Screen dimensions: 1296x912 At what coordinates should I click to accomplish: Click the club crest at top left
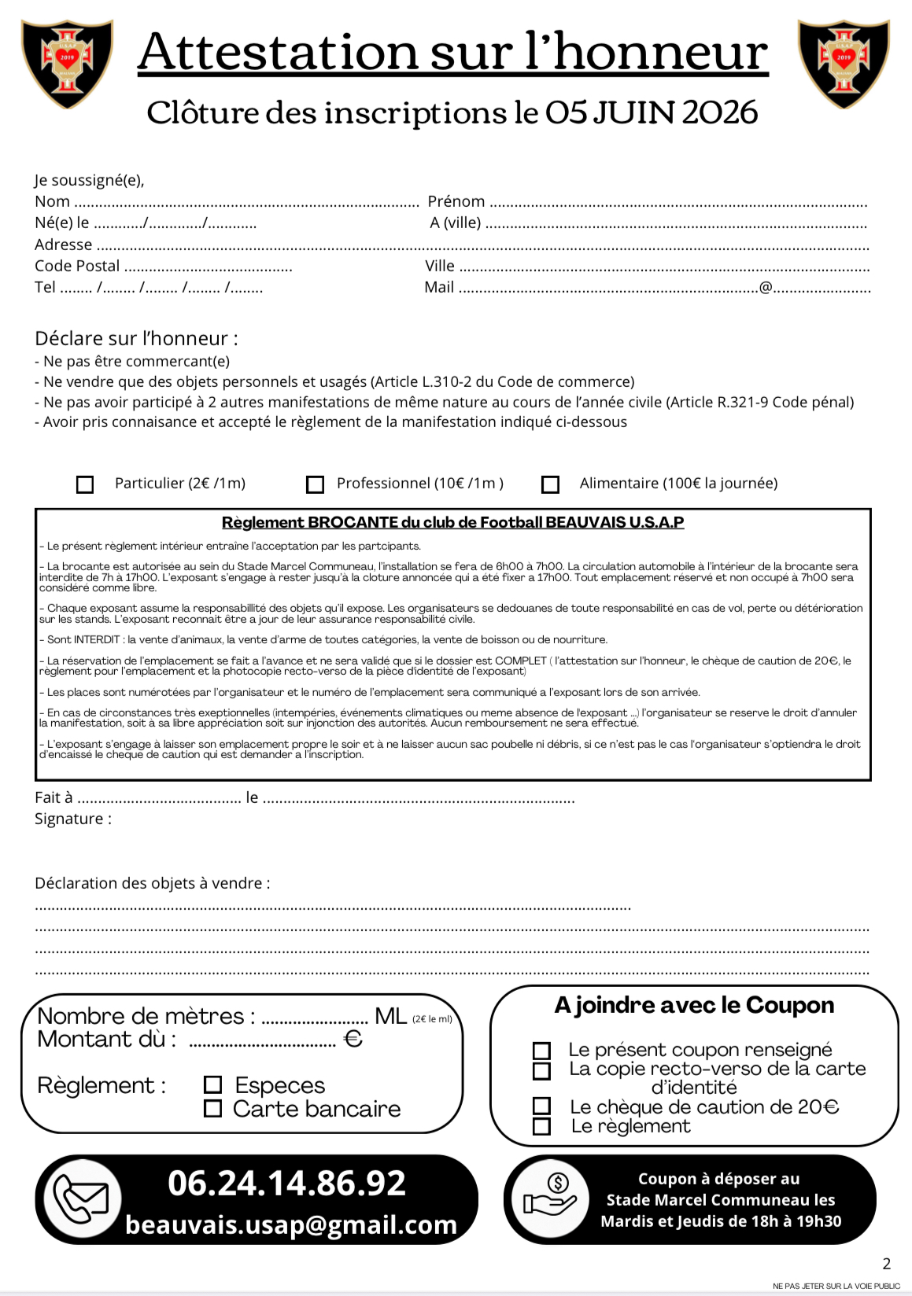coord(67,63)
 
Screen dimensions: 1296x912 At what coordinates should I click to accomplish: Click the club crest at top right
coord(844,63)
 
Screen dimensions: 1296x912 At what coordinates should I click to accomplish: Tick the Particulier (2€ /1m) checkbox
coord(85,484)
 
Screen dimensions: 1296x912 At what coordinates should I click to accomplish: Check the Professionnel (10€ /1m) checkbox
coord(315,484)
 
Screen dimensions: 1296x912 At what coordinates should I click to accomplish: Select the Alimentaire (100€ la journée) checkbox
coord(551,484)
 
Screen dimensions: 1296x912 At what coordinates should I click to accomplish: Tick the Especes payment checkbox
coord(212,1085)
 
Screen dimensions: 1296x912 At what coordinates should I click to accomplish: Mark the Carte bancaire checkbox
coord(212,1109)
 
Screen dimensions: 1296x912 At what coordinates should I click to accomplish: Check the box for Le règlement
coord(541,1126)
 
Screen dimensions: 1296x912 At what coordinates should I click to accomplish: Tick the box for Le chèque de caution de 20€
coord(541,1106)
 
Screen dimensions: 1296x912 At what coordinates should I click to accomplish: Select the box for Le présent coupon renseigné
coord(541,1051)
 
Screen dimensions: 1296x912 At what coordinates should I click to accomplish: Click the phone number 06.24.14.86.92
coord(286,1184)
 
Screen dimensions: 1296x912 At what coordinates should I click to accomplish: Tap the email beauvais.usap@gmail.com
coord(291,1225)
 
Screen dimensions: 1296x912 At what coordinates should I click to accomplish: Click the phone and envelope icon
coord(81,1199)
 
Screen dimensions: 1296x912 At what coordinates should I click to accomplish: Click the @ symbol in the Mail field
coord(766,288)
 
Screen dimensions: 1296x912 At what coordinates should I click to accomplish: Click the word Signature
coord(69,819)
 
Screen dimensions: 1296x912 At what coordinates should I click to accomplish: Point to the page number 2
coord(887,1264)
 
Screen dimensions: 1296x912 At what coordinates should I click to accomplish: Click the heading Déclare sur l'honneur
coord(136,339)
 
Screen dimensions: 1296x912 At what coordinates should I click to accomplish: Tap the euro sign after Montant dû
coord(353,1040)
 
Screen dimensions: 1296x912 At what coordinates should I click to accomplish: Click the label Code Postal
coord(77,266)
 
